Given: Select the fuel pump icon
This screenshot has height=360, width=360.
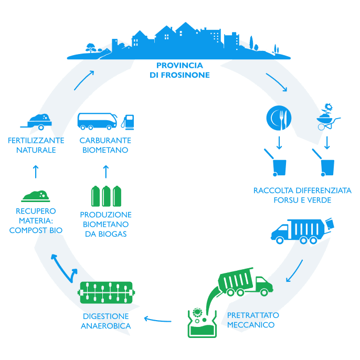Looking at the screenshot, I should (128, 121).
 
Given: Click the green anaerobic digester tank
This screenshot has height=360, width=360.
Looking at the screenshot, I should (107, 292).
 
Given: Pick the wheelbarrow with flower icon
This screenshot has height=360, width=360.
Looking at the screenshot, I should (326, 117).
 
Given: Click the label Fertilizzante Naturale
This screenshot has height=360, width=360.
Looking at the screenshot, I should (36, 145).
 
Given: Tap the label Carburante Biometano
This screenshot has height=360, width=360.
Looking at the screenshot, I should (105, 145).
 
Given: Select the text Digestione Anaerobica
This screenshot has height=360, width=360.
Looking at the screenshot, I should (105, 321).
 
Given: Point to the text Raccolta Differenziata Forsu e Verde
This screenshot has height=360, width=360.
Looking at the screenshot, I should (302, 195).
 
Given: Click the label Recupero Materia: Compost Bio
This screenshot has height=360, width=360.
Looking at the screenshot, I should (36, 220).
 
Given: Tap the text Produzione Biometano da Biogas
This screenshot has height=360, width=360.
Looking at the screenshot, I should (105, 224).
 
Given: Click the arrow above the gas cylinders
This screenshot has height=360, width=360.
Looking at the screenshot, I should (105, 171).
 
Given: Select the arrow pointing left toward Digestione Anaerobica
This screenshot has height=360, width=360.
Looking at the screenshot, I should (157, 318).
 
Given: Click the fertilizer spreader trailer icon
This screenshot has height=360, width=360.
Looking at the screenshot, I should (36, 121).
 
